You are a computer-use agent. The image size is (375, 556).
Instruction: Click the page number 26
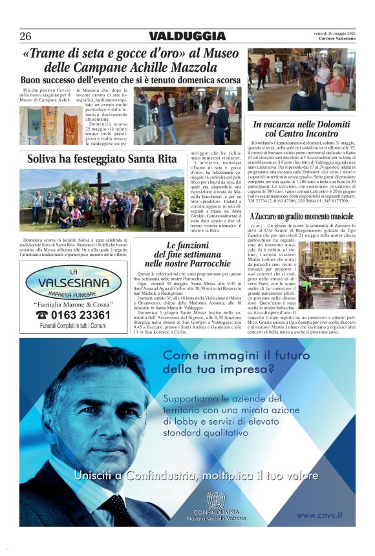[25, 36]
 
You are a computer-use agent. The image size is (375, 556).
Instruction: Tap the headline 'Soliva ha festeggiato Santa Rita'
[102, 158]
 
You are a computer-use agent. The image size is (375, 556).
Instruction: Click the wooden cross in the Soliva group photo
[99, 186]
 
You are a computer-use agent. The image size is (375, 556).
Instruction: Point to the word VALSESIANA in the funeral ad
[72, 283]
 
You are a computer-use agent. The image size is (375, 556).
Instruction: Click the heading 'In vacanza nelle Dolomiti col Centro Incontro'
[301, 129]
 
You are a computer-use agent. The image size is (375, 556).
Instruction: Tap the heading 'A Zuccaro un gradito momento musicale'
[301, 216]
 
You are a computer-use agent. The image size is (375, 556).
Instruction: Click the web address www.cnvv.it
[319, 515]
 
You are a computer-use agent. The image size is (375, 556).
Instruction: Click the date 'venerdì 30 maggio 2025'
[335, 32]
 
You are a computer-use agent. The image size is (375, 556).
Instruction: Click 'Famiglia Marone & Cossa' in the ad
[72, 303]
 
